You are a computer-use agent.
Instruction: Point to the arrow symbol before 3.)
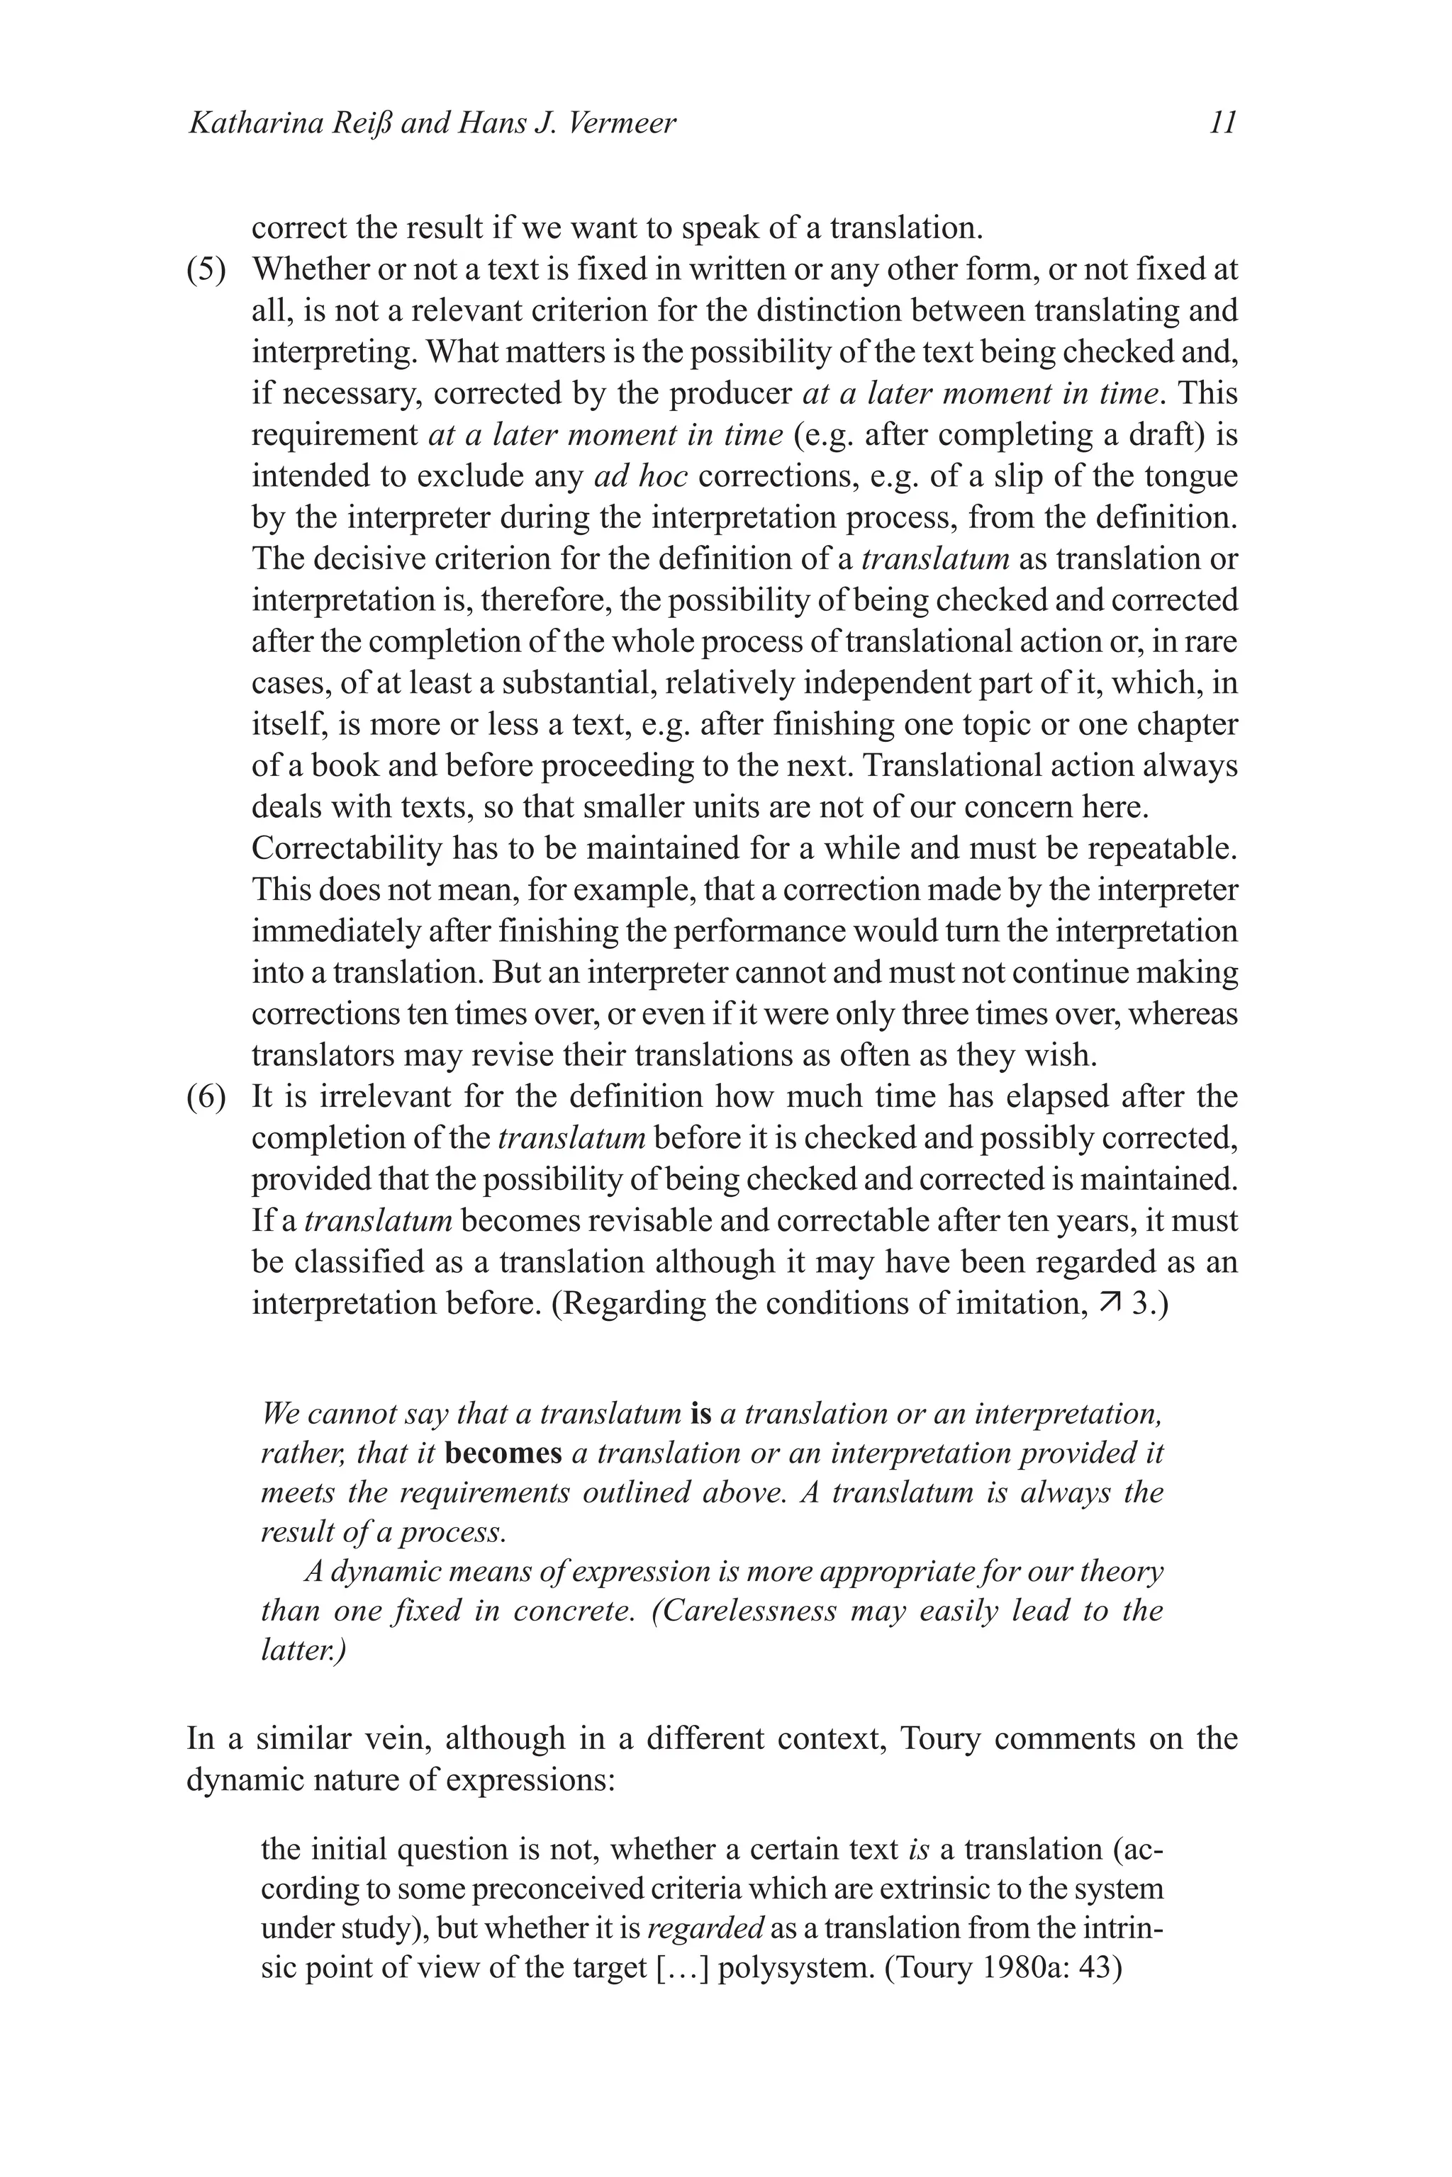(x=1108, y=1303)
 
